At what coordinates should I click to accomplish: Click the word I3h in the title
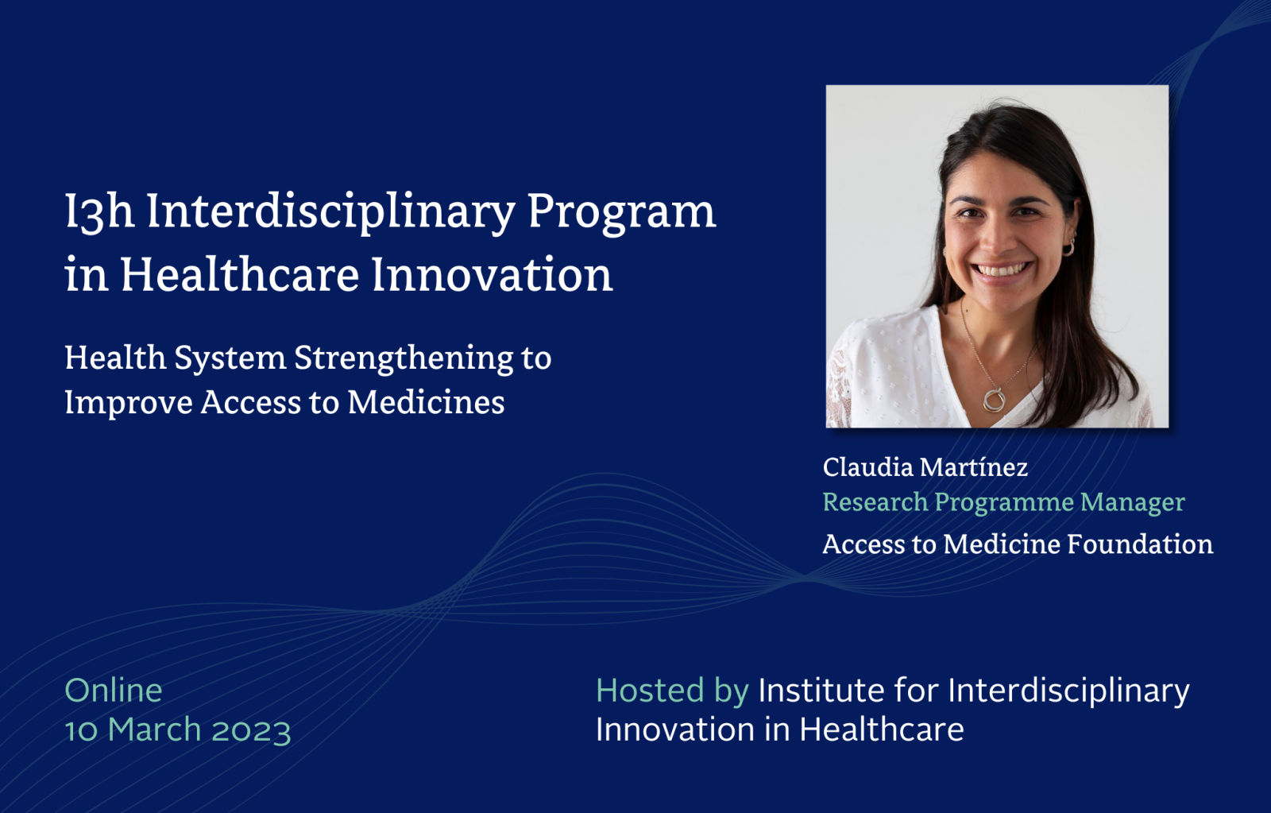point(99,212)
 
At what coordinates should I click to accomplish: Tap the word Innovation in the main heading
point(492,274)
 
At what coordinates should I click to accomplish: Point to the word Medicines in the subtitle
point(426,402)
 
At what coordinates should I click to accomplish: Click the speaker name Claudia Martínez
point(925,467)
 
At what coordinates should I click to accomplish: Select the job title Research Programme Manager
point(1004,503)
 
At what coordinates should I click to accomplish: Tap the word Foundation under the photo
point(1141,544)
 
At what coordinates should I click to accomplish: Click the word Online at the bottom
point(114,691)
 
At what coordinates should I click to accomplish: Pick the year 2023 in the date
point(251,730)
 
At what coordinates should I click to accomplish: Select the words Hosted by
point(672,691)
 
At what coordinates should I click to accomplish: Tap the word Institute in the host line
point(821,691)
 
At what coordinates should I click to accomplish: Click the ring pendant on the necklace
point(994,400)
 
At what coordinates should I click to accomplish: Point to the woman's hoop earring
point(1068,248)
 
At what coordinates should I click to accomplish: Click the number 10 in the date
point(81,730)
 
